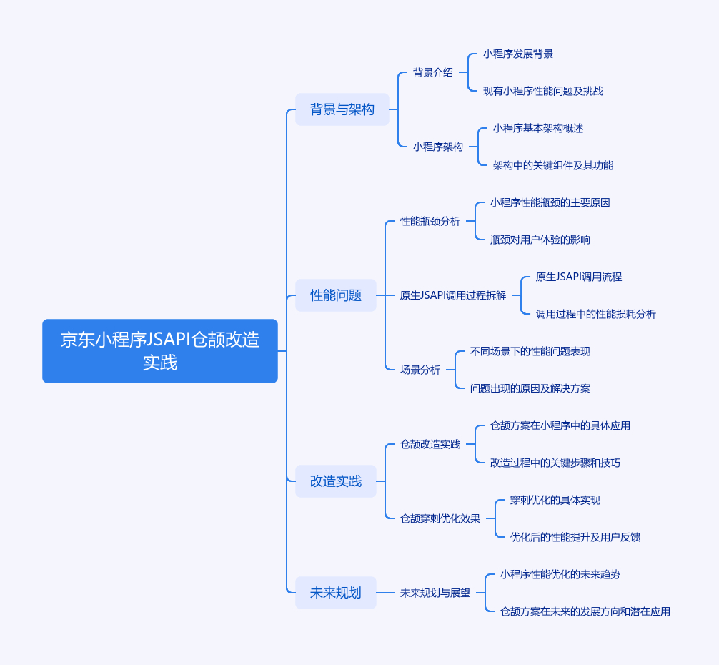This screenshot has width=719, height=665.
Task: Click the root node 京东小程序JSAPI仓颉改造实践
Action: pyautogui.click(x=160, y=351)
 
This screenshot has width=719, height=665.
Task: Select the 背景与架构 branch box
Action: pyautogui.click(x=342, y=109)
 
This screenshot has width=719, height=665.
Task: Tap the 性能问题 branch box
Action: pyautogui.click(x=336, y=295)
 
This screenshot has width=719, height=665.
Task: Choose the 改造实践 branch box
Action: pyautogui.click(x=336, y=481)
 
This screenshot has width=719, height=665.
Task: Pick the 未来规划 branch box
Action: pyautogui.click(x=336, y=593)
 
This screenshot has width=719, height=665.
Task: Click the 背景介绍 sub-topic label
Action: pyautogui.click(x=433, y=72)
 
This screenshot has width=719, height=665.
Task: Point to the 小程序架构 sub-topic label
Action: pyautogui.click(x=438, y=147)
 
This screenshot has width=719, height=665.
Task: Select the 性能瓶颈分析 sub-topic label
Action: pyautogui.click(x=430, y=221)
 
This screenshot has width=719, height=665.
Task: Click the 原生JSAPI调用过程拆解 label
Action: pyautogui.click(x=453, y=295)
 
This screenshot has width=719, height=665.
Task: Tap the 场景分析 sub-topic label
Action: pyautogui.click(x=420, y=370)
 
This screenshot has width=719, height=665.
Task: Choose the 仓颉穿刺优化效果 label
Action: pyautogui.click(x=440, y=518)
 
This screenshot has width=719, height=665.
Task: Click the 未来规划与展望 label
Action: pyautogui.click(x=435, y=593)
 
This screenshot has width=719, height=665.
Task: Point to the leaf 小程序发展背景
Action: pyautogui.click(x=518, y=54)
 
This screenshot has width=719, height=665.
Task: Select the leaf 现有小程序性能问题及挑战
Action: pyautogui.click(x=543, y=92)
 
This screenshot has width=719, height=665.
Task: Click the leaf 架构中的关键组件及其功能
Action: pyautogui.click(x=553, y=166)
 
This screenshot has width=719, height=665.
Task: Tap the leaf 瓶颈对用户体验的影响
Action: pyautogui.click(x=540, y=240)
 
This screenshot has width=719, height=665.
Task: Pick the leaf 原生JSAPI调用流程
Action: pyautogui.click(x=579, y=277)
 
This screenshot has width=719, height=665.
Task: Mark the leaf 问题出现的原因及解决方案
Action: pyautogui.click(x=530, y=389)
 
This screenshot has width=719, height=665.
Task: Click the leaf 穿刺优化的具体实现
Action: pyautogui.click(x=555, y=501)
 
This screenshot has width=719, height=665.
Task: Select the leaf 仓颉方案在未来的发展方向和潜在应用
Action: pyautogui.click(x=585, y=612)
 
